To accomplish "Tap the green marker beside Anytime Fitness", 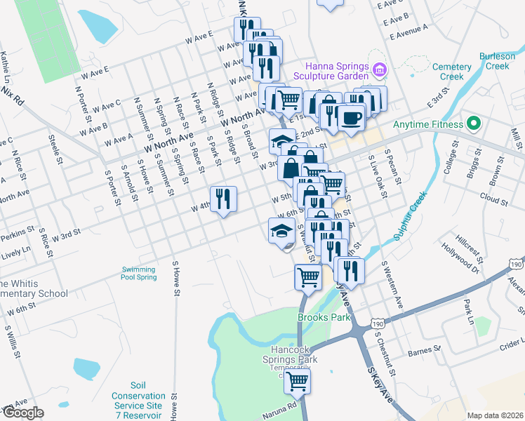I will click(x=473, y=125).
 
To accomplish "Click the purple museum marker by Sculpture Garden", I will click(x=379, y=69).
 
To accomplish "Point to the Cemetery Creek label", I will click(x=452, y=72).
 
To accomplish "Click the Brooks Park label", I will click(x=324, y=317).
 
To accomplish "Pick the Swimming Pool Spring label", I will click(x=139, y=273).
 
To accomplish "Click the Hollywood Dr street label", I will click(x=460, y=256).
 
